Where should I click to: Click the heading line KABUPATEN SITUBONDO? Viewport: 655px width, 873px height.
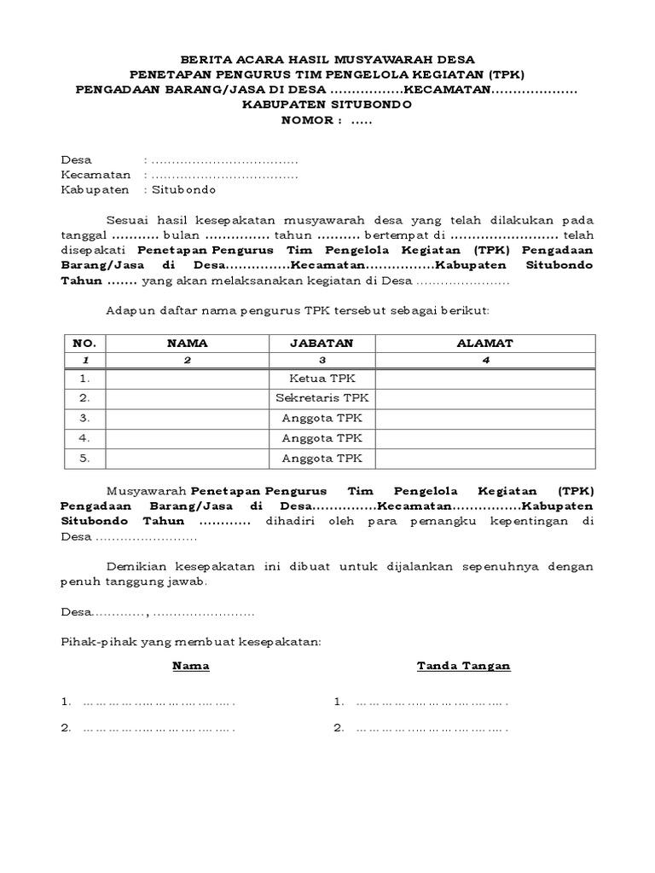327,105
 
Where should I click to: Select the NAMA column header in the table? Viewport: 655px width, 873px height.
187,343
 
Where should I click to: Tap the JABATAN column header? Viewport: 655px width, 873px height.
322,343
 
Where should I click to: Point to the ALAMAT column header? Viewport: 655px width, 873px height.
484,343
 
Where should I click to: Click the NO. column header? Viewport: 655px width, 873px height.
84,343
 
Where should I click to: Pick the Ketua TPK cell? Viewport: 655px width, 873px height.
322,378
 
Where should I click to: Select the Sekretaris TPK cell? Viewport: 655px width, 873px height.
322,398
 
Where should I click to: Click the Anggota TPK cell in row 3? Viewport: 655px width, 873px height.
322,418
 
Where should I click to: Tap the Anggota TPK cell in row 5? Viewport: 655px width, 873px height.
322,458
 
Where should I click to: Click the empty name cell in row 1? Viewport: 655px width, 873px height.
187,378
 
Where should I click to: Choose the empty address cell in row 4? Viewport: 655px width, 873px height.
484,438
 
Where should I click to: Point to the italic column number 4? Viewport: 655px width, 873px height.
484,360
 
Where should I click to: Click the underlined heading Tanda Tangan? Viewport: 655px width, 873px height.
463,666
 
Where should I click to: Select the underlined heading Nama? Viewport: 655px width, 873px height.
191,666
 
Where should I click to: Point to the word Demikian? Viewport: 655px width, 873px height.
132,566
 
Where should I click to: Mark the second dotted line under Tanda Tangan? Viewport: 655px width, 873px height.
431,728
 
